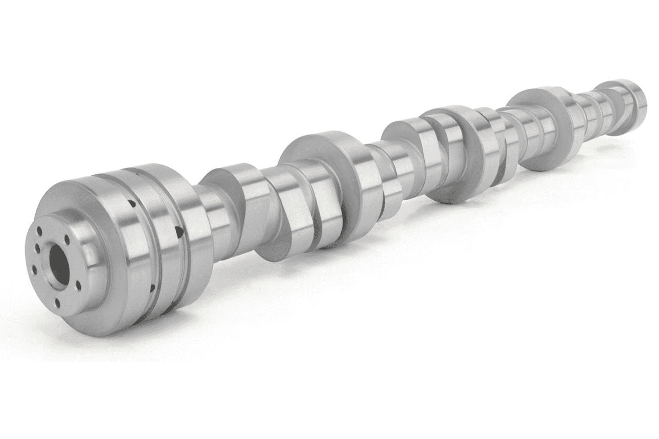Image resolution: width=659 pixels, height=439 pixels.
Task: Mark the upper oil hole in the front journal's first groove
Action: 130,203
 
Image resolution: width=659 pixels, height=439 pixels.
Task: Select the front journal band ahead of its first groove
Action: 110,246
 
